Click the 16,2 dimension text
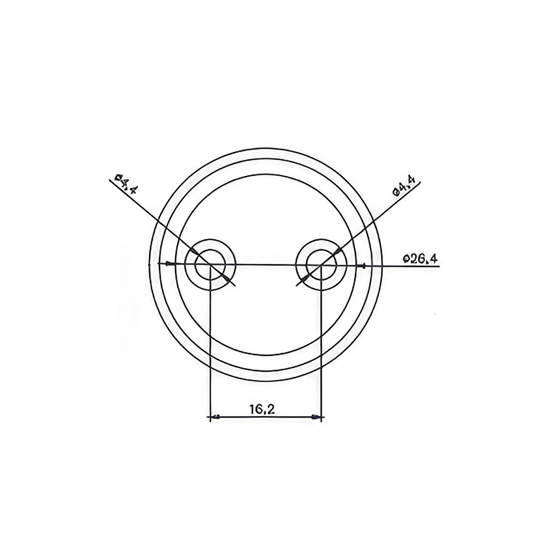(262, 409)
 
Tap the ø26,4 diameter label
(420, 259)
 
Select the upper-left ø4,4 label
(127, 184)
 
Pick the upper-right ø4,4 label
(406, 187)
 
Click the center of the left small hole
(210, 265)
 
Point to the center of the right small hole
(321, 265)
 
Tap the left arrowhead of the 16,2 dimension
(215, 417)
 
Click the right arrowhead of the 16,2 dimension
(317, 417)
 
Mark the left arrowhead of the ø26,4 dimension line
(168, 264)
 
